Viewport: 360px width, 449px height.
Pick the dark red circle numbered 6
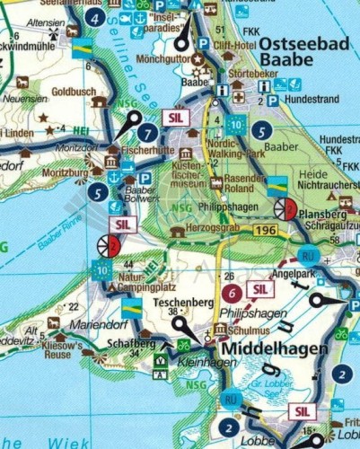coord(232,293)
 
